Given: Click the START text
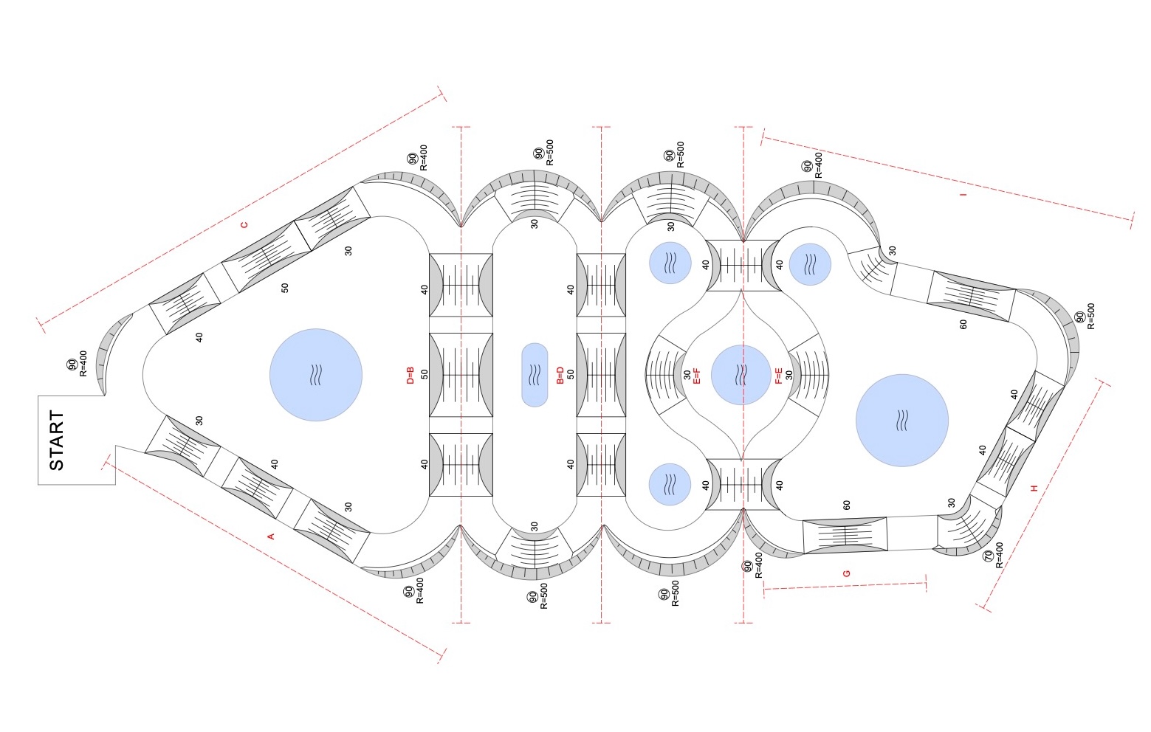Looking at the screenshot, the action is (57, 441).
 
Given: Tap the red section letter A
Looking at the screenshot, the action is (271, 536).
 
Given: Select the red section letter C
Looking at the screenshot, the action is (244, 224).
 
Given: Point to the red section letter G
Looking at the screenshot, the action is (847, 573).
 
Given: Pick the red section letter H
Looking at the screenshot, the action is (1034, 488).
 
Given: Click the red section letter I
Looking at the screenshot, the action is (963, 194).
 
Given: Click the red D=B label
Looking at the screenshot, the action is (410, 375).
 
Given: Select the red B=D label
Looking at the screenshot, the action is (560, 375).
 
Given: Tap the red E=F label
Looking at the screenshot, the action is (697, 376).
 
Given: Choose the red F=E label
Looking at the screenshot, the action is (778, 376).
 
